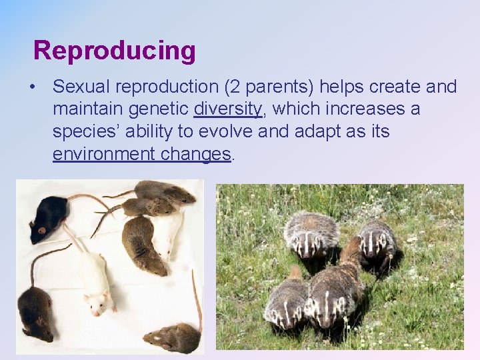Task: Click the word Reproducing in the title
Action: click(114, 51)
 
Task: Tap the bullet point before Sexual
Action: click(31, 87)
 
